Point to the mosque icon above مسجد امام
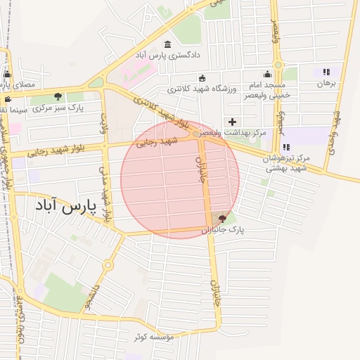(267, 74)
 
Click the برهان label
(327, 83)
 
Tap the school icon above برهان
(326, 72)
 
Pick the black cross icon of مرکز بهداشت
(233, 122)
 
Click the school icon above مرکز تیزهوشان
(286, 147)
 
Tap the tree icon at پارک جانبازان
(223, 219)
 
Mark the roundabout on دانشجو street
(108, 265)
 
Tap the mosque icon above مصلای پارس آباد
(7, 73)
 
